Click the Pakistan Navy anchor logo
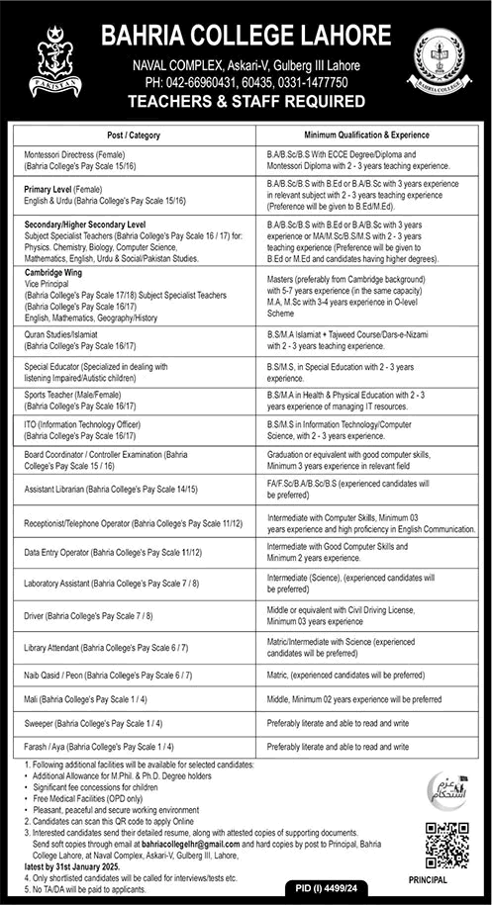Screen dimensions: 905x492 (48, 58)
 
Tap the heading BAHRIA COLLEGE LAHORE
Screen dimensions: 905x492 (245, 36)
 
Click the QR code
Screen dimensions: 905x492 (446, 846)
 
